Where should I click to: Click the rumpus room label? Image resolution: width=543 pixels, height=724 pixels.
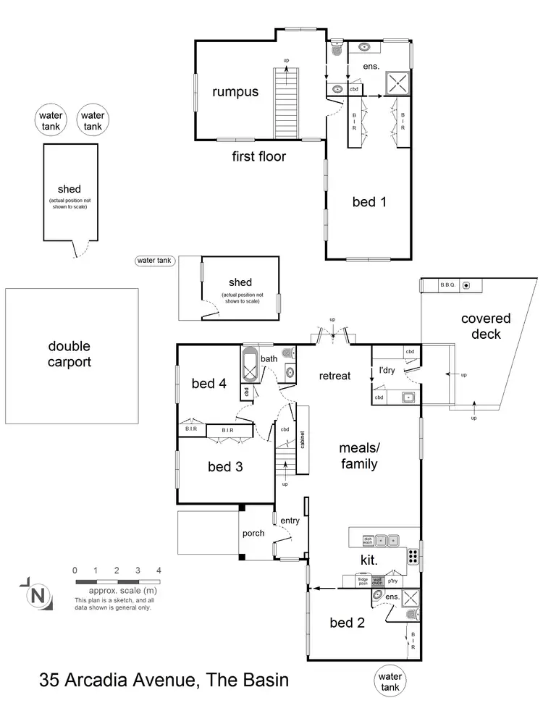(x=235, y=92)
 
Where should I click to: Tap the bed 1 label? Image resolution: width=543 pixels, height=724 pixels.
(x=369, y=202)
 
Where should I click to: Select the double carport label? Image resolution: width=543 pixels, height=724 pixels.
(x=70, y=355)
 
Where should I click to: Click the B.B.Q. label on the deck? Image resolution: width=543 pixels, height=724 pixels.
(x=447, y=285)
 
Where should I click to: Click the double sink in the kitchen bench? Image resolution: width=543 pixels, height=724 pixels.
(x=387, y=540)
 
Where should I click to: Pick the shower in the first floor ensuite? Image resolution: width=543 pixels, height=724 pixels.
(x=397, y=83)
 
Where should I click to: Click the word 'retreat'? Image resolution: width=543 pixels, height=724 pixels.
(x=334, y=376)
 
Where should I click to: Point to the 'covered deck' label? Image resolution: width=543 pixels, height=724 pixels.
(x=486, y=327)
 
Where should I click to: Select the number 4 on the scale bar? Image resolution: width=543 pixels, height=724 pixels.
(x=159, y=570)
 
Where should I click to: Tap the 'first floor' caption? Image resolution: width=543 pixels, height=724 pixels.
(x=258, y=156)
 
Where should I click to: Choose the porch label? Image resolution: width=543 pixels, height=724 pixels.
(x=253, y=534)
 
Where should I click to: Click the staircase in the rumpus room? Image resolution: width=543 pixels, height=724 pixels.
(x=287, y=101)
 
